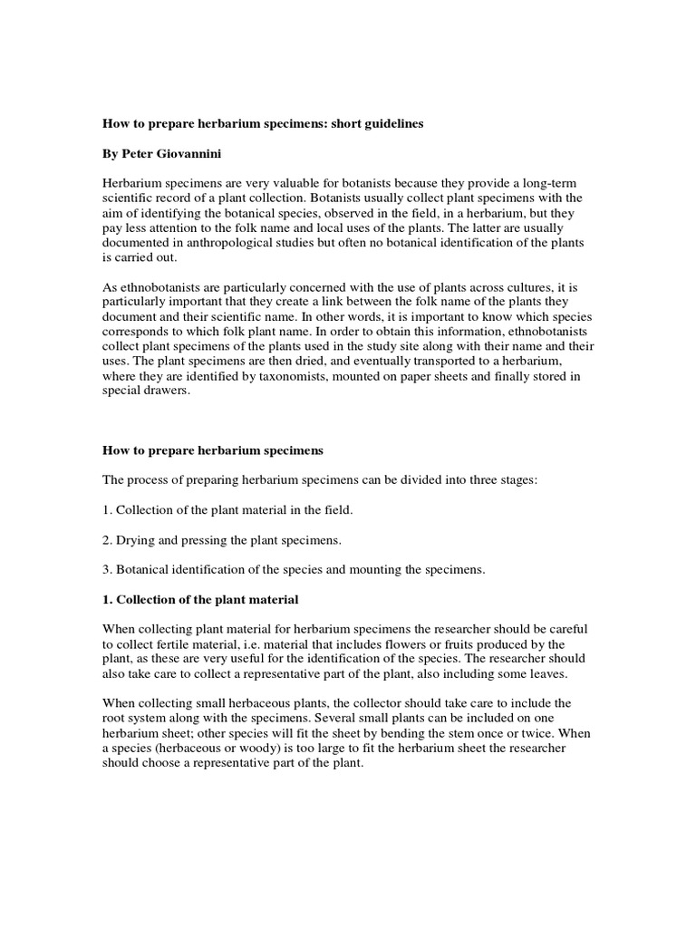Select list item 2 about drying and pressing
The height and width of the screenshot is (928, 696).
coord(222,540)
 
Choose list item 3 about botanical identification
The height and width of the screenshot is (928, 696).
coord(295,570)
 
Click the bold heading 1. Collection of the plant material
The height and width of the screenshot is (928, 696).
coord(200,600)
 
